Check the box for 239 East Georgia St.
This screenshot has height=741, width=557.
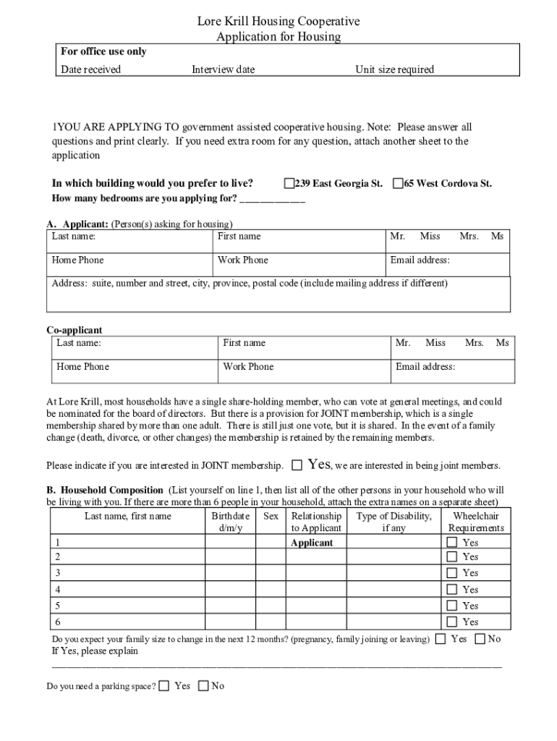tap(289, 184)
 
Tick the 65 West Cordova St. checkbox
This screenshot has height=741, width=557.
tap(398, 184)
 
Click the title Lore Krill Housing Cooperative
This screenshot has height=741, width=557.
tap(278, 22)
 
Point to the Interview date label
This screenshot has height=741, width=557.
tap(223, 69)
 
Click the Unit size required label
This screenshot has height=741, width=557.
tap(394, 69)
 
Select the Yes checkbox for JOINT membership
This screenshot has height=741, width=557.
tap(297, 465)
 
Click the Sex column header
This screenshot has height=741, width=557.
tap(271, 516)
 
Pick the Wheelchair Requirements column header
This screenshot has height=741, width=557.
tap(475, 522)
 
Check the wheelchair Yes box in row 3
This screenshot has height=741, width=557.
tap(452, 573)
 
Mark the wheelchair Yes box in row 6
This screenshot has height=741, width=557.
tap(452, 622)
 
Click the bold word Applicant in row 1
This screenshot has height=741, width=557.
tap(312, 543)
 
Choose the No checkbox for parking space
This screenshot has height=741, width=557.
tap(203, 685)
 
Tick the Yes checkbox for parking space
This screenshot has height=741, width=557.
tap(165, 685)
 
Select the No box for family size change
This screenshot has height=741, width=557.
tap(480, 639)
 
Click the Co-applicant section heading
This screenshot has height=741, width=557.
tap(75, 330)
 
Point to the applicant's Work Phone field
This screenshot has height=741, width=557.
tap(299, 264)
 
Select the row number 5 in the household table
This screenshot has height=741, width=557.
tap(58, 606)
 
